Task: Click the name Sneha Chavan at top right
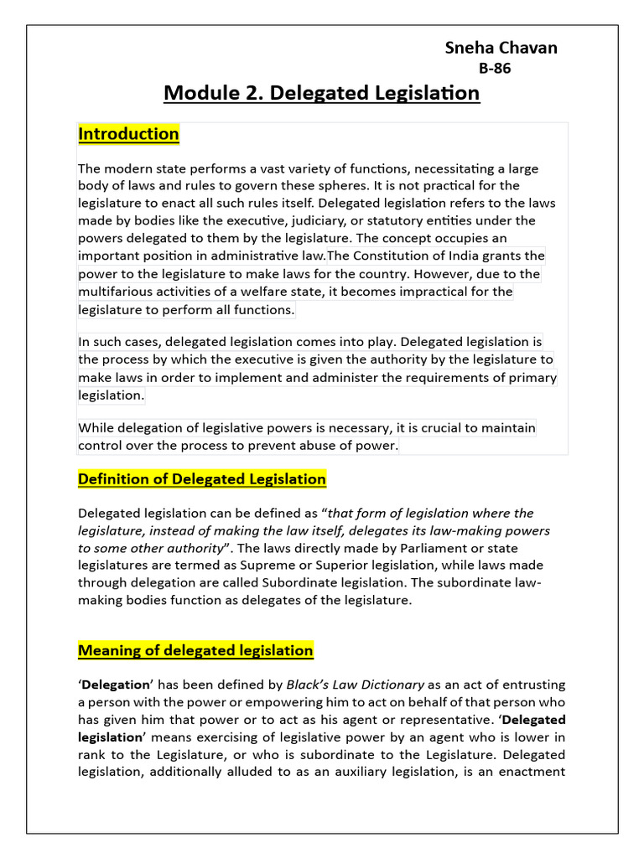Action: pyautogui.click(x=501, y=48)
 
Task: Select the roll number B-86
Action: pyautogui.click(x=495, y=69)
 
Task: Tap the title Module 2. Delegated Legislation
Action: pyautogui.click(x=322, y=92)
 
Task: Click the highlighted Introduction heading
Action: pyautogui.click(x=128, y=134)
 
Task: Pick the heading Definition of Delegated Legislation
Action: pyautogui.click(x=202, y=479)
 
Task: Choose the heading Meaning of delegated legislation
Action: pyautogui.click(x=195, y=650)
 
